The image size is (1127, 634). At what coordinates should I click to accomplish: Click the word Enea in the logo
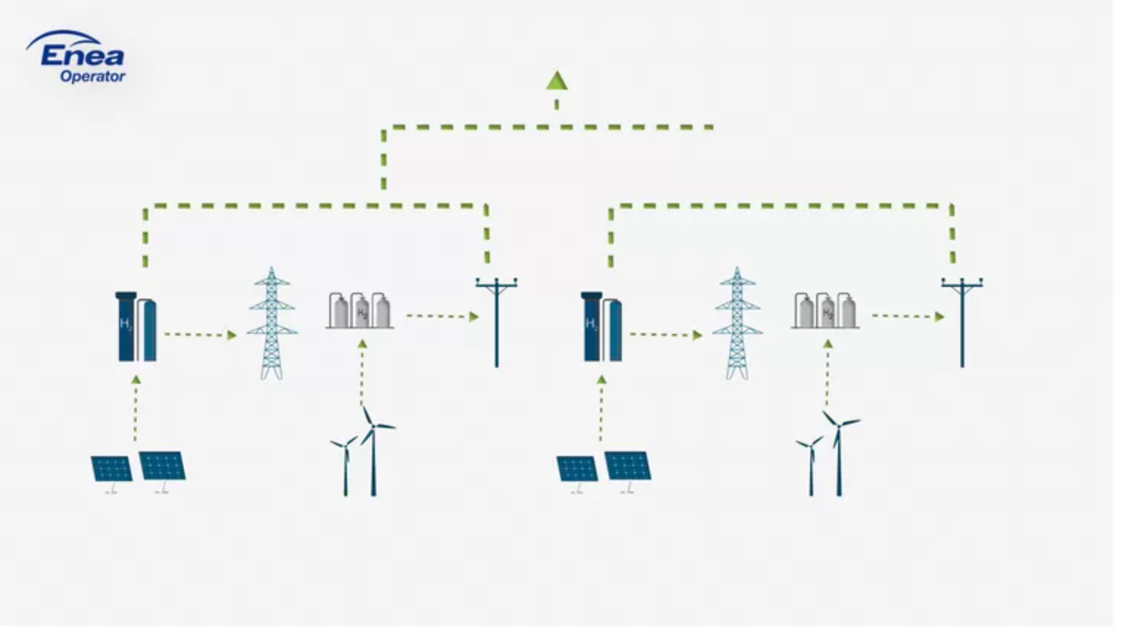point(82,56)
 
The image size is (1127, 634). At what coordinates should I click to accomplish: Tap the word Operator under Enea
point(93,76)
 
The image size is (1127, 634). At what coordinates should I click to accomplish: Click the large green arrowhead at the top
point(557,81)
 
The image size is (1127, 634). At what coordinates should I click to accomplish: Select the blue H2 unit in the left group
point(137,327)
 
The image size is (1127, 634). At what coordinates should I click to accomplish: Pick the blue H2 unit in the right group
point(602,327)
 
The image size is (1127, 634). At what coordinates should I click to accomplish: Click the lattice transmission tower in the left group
point(272,324)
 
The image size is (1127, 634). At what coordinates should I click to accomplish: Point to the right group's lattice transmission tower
point(737,324)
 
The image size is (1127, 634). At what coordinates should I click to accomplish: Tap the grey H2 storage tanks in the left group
point(359,310)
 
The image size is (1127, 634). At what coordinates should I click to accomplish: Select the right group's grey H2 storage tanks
point(825,310)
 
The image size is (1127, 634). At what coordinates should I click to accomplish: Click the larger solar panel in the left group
point(162,466)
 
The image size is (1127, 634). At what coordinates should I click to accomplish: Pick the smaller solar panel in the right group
point(576,469)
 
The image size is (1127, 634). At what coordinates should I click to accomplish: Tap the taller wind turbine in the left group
point(373,452)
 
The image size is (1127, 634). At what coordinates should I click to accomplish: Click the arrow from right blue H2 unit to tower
point(665,335)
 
